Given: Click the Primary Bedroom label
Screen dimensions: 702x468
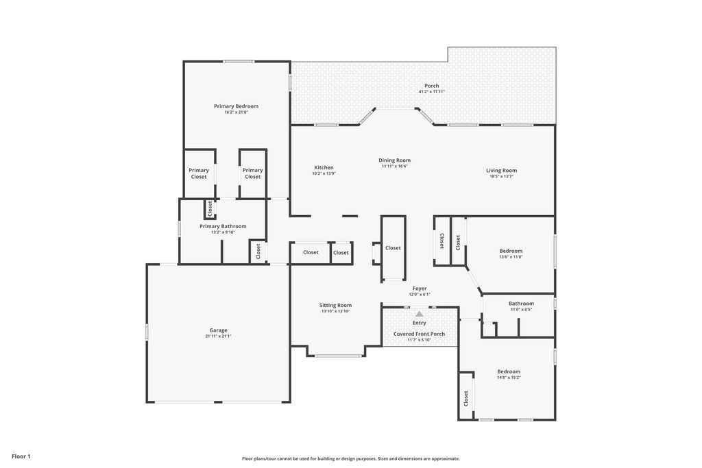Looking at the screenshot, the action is click(x=236, y=106).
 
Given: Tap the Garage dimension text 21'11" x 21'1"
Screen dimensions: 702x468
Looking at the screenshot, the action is click(x=219, y=336).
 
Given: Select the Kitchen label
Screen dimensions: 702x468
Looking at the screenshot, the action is click(x=324, y=167).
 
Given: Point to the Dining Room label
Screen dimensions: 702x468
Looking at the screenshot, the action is click(x=394, y=160).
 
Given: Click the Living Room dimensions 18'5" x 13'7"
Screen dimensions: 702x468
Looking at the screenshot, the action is click(x=501, y=176).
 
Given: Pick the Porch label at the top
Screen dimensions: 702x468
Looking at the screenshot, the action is click(x=432, y=86).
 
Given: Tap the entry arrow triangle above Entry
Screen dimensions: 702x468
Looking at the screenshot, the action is click(x=420, y=314).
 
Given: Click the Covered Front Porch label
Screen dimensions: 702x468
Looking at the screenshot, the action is click(x=419, y=334).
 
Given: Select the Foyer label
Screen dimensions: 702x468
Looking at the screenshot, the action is click(x=420, y=288).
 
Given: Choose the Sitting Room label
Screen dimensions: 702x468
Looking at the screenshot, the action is click(x=335, y=305).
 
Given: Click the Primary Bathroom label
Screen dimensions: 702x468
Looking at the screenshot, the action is click(x=223, y=226).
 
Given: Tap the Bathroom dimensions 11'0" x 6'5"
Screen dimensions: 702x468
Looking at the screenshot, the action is click(x=521, y=309).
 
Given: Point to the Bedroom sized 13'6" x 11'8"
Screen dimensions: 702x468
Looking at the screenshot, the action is click(x=511, y=251).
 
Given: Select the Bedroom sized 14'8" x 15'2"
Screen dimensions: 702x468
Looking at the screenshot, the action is click(x=509, y=371).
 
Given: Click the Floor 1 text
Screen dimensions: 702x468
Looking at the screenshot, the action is click(x=21, y=456).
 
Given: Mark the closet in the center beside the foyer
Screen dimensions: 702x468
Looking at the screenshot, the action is click(x=393, y=248).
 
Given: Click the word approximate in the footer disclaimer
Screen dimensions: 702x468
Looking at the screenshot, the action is click(x=444, y=458).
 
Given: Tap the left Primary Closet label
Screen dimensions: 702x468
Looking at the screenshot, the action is click(x=199, y=173).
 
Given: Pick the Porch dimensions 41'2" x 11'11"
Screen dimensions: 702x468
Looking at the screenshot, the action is click(x=432, y=92).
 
